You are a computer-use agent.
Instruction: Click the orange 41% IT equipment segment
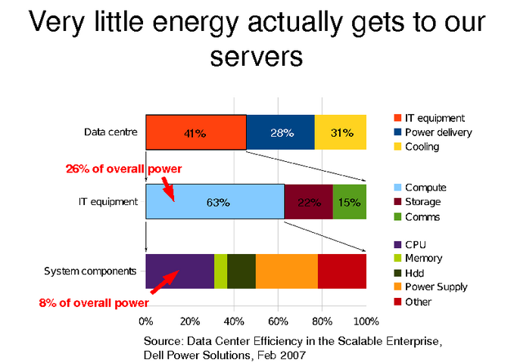[x=195, y=132]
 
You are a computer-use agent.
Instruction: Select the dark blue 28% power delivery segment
[x=281, y=132]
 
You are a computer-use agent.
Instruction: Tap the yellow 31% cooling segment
[x=341, y=132]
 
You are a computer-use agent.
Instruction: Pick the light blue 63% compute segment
[x=215, y=202]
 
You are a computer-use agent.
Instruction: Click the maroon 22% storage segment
[x=308, y=202]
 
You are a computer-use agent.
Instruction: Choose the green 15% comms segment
[x=350, y=202]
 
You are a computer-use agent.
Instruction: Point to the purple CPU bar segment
[x=180, y=271]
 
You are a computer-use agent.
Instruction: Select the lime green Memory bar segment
[x=220, y=271]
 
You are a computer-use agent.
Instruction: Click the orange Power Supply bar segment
[x=286, y=271]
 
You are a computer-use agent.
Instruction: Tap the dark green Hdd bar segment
[x=241, y=271]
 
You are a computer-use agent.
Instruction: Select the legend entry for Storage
[x=422, y=202]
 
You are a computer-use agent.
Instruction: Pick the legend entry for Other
[x=418, y=302]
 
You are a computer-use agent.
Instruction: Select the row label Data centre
[x=111, y=132]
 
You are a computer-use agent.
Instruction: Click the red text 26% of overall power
[x=125, y=169]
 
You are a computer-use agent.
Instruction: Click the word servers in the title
[x=257, y=55]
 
